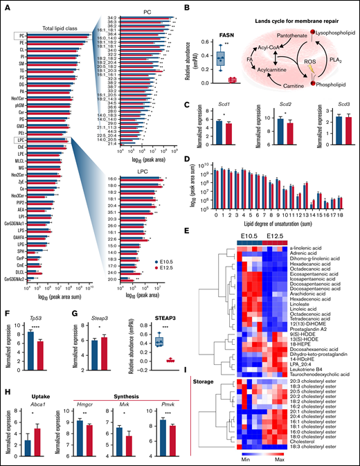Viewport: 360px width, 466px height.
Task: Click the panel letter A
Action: click(x=5, y=6)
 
